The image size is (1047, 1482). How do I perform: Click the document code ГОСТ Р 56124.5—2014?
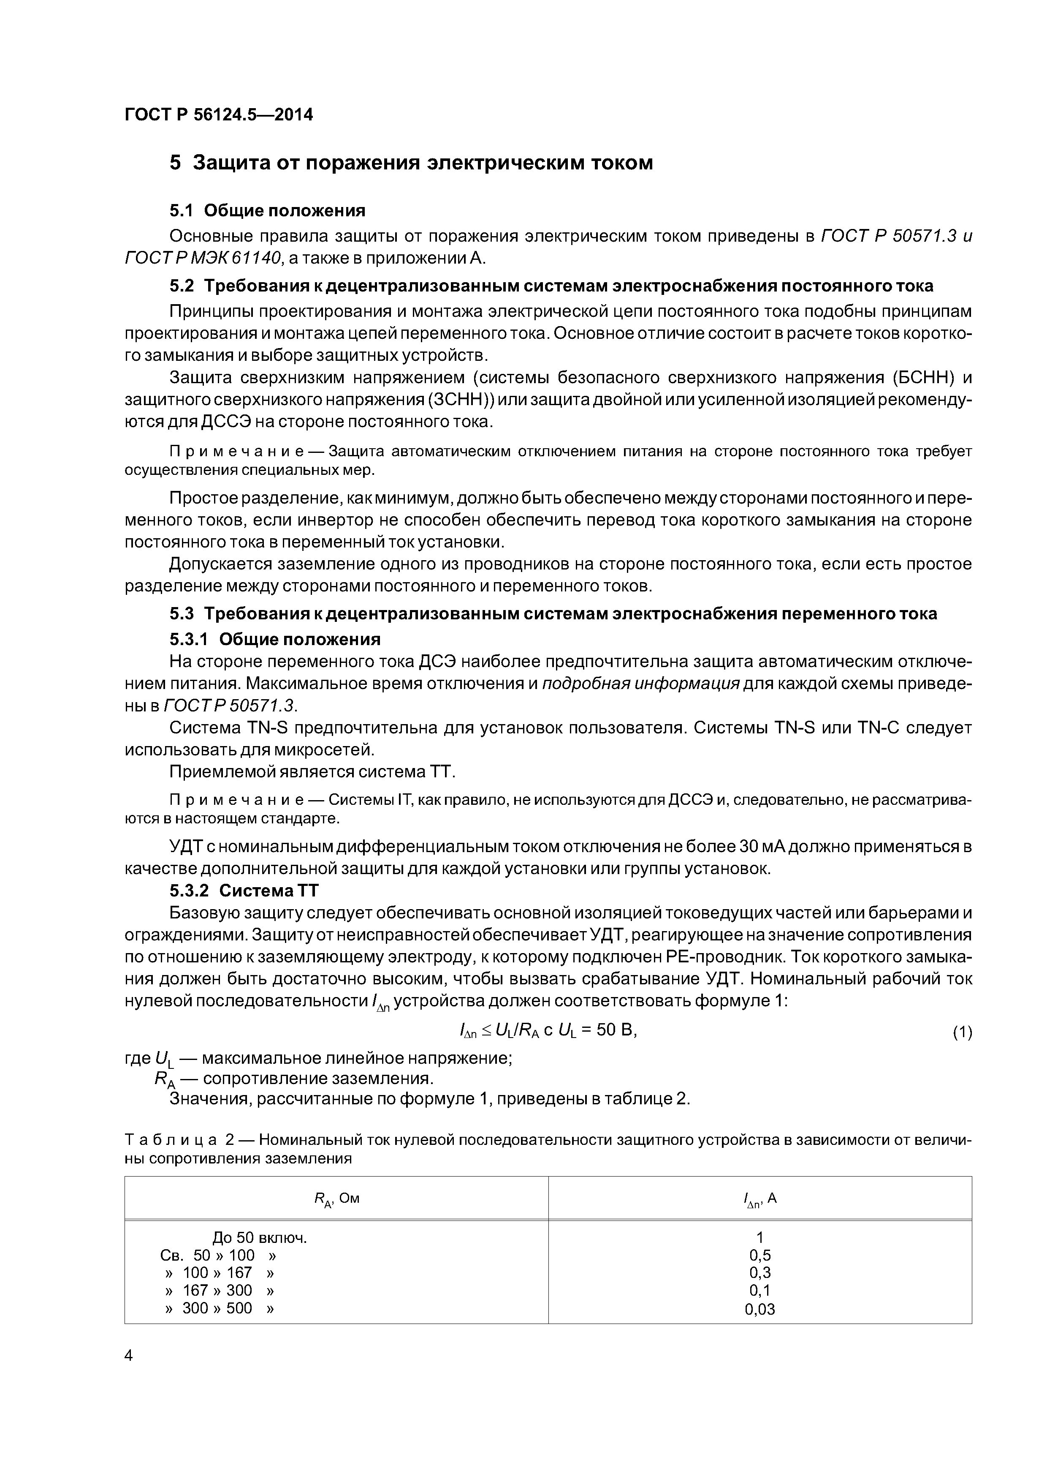[219, 115]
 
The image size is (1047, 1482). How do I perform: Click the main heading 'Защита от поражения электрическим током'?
[423, 163]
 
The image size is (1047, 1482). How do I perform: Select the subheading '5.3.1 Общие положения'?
[275, 639]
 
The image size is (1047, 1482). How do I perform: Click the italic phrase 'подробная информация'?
[640, 684]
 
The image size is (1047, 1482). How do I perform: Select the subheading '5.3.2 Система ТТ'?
[244, 891]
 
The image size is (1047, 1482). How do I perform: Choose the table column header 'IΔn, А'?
[759, 1199]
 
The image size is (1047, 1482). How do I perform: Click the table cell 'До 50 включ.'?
[259, 1237]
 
